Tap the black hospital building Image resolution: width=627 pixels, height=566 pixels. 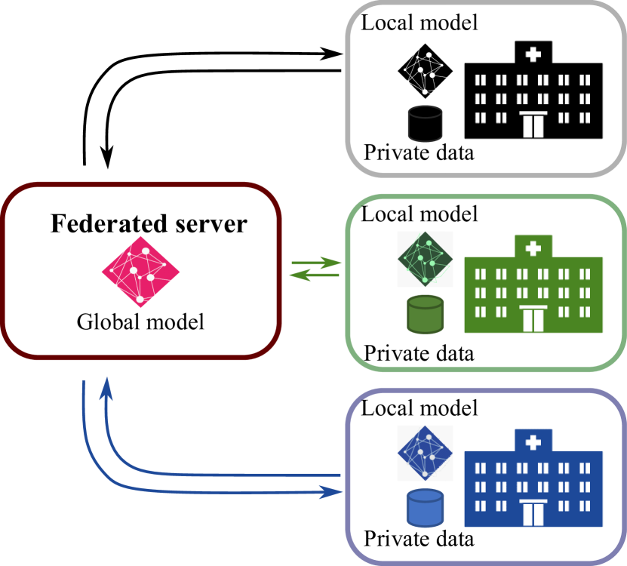coord(533,94)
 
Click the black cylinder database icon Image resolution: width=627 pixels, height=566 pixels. coord(425,124)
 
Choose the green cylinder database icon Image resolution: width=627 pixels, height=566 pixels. coord(425,315)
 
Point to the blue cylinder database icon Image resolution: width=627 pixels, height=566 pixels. coord(425,508)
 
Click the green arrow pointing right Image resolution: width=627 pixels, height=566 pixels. coord(332,263)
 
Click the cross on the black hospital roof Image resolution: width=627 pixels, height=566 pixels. coord(533,54)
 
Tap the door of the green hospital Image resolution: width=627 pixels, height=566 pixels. coord(533,318)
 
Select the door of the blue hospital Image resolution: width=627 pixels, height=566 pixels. coord(533,513)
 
